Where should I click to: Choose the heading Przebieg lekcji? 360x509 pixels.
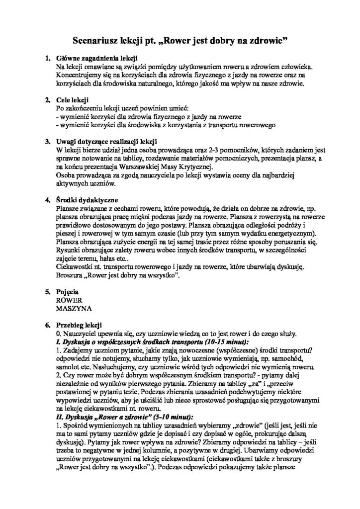point(80,325)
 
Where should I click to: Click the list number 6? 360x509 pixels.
point(47,325)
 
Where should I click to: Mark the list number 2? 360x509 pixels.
point(47,100)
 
